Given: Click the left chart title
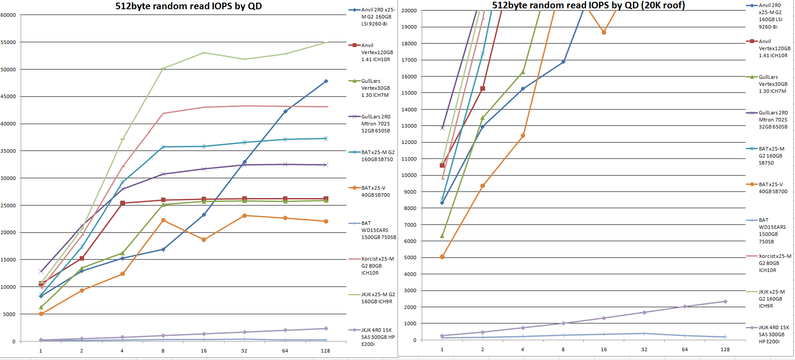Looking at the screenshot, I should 188,6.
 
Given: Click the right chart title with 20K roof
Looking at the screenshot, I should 588,5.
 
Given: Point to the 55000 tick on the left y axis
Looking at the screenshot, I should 8,42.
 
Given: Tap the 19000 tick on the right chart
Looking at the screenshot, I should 409,27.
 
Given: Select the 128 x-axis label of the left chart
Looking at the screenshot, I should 325,351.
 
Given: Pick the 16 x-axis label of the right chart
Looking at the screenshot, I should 604,349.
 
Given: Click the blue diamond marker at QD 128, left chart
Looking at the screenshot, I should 326,81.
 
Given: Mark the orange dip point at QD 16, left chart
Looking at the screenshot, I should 204,240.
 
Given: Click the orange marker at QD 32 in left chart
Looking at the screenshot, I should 244,216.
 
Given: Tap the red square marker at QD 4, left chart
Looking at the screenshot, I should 122,203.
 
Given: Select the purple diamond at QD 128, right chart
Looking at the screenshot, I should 725,301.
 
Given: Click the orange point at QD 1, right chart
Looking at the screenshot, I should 442,257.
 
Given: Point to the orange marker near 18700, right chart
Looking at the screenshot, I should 604,33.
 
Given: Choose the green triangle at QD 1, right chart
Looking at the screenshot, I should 442,236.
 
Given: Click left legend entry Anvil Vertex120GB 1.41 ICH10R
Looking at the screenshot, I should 377,52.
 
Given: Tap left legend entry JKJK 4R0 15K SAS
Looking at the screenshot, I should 378,337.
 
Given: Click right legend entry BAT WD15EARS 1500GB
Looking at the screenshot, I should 772,231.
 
